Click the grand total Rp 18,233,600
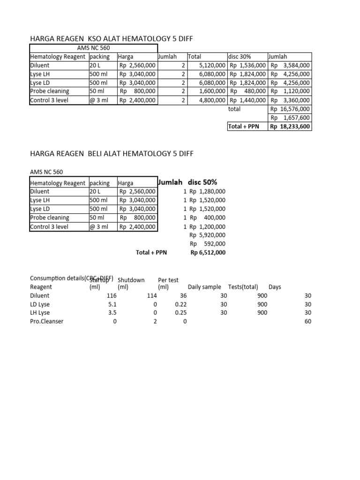pos(290,126)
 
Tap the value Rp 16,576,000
pos(290,109)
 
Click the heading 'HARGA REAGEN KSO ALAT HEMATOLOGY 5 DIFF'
pos(112,39)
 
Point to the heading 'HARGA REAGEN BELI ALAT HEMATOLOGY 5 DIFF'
pos(112,153)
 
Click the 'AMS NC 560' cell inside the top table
pos(94,48)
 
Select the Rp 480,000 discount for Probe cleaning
pos(248,91)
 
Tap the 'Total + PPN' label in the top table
pos(243,126)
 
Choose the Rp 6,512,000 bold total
pos(208,252)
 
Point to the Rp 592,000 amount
pos(207,244)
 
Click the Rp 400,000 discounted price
pos(207,217)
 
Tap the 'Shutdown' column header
pos(131,280)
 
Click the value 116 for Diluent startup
pos(111,296)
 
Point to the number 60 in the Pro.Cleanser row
pos(307,321)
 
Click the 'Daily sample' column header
pos(204,287)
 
